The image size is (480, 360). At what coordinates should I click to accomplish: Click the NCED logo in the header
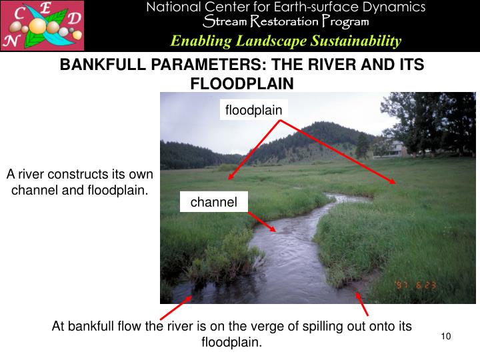(43, 26)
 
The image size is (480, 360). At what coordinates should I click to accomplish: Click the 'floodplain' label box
(253, 110)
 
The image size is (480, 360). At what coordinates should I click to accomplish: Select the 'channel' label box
(214, 202)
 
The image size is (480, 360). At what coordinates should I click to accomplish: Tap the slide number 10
(446, 335)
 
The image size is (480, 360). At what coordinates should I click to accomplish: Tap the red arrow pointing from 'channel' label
(262, 223)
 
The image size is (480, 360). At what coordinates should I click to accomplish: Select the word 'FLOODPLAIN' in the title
(242, 84)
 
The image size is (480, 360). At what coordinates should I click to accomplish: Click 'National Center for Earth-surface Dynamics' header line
(286, 7)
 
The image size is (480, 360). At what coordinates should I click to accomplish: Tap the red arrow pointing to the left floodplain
(254, 149)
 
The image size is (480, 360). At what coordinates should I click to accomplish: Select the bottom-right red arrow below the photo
(362, 303)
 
